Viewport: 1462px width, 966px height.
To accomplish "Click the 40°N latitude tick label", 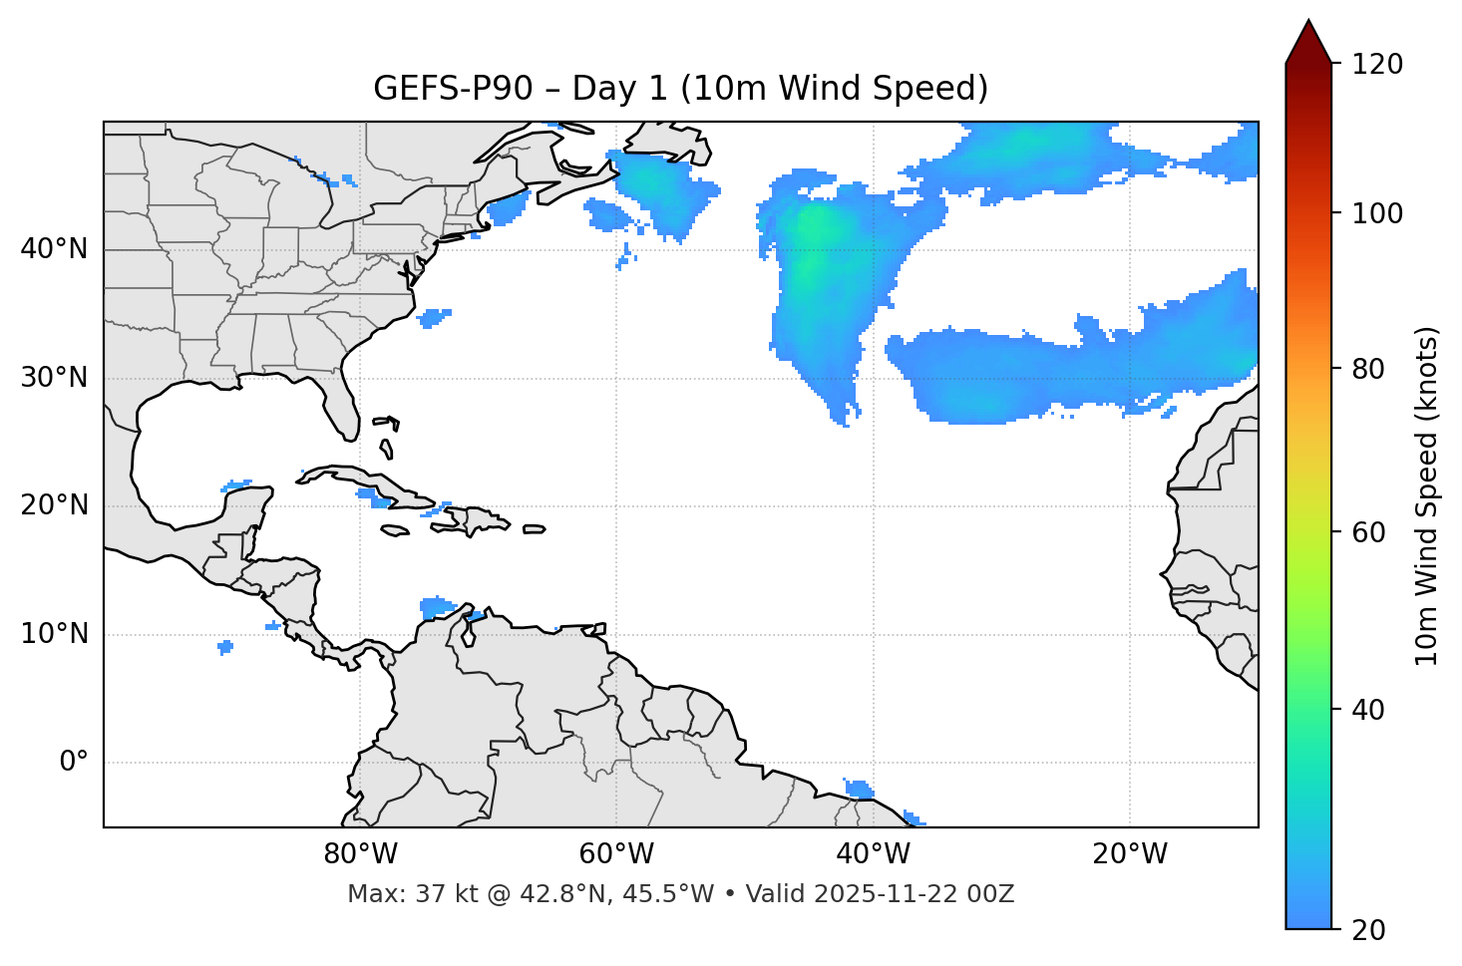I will (x=54, y=249).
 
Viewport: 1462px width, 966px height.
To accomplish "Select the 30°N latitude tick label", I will (x=54, y=378).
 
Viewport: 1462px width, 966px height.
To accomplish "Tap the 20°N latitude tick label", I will (x=54, y=505).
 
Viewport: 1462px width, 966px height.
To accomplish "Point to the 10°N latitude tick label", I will (x=54, y=634).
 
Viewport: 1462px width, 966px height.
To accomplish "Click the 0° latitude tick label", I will (x=74, y=763).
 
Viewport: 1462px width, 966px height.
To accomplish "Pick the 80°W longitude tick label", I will (x=360, y=854).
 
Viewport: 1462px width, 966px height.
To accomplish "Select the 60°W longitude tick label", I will (x=616, y=854).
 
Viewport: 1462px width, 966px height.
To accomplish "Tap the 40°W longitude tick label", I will (x=874, y=854).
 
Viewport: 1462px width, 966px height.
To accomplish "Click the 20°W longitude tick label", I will (x=1130, y=854).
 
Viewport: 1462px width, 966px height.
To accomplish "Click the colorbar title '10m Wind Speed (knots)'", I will (x=1427, y=495).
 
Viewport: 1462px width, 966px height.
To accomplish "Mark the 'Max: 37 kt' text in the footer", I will (x=400, y=894).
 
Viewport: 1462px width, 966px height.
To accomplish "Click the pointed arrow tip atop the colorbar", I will (x=1308, y=26).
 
